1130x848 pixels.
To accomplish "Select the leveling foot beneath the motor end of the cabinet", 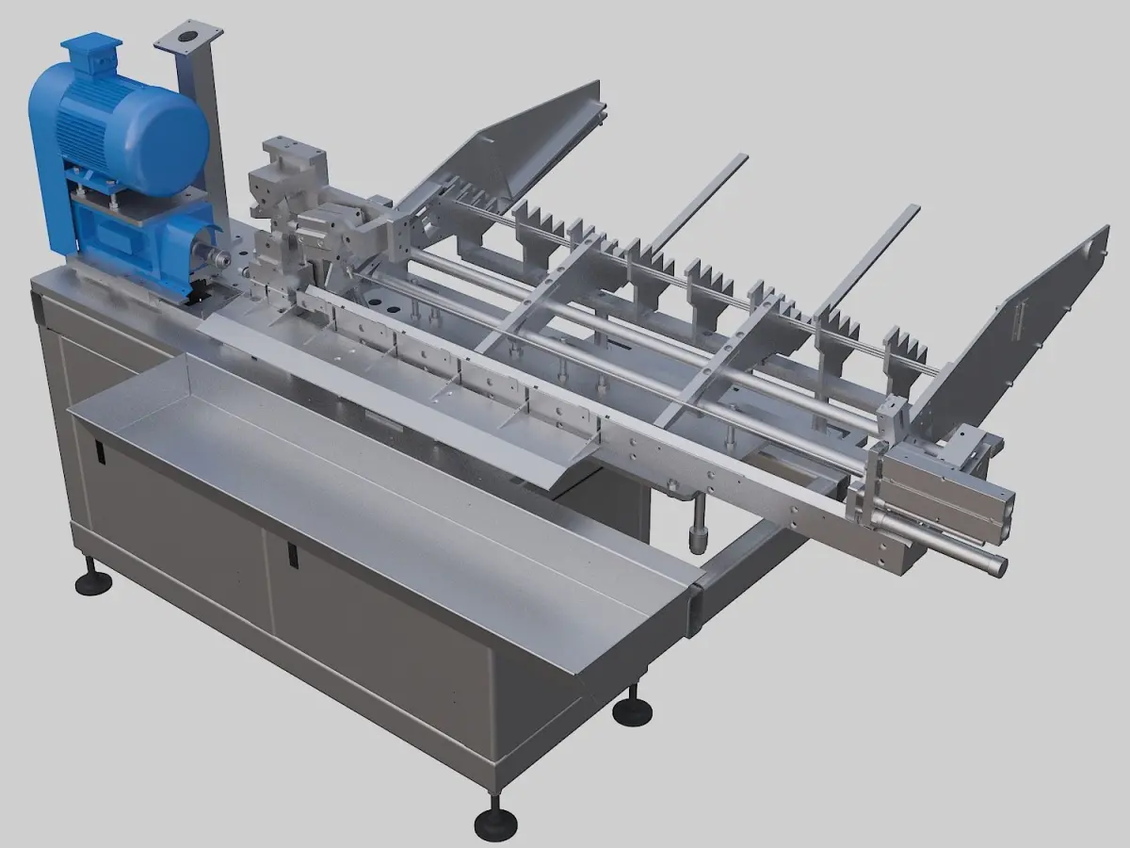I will tap(92, 581).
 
